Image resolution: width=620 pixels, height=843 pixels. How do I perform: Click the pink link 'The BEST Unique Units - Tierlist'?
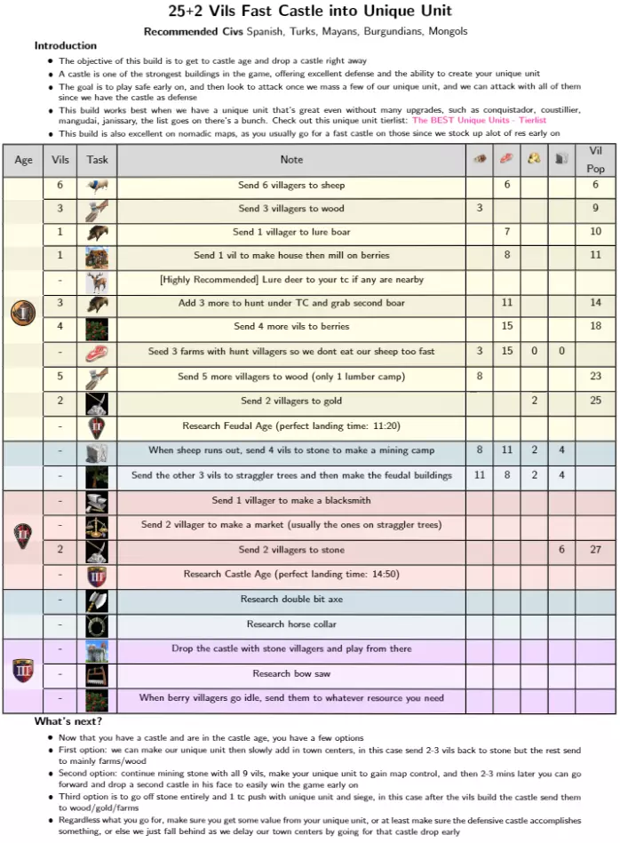coord(479,120)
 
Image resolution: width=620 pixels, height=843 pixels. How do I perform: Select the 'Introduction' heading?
coord(66,45)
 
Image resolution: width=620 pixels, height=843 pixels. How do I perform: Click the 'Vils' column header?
coord(60,160)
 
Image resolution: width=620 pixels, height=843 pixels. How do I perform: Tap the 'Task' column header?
coord(98,160)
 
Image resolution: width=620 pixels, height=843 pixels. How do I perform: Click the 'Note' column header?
coord(291,160)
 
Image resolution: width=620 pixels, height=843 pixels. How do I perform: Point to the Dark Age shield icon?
coord(23,314)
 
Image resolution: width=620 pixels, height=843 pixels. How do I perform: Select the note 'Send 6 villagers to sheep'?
coord(291,186)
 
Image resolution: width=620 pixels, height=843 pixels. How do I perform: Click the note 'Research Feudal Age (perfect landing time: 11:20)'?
coord(291,425)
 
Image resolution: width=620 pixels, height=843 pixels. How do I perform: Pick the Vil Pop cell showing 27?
coord(595,550)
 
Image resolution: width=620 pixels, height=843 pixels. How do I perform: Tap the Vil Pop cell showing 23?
coord(595,376)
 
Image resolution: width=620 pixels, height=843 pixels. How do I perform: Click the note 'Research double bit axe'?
coord(291,599)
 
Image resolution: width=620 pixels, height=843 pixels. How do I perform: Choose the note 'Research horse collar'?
coord(291,624)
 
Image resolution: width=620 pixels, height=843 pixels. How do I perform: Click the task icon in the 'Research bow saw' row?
coord(98,674)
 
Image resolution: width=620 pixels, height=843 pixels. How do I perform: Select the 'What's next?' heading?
coord(68,720)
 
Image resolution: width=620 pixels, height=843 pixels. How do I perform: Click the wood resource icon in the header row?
coord(480,159)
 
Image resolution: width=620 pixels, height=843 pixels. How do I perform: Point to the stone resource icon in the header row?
coord(561,159)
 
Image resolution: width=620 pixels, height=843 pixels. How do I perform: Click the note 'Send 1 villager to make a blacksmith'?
coord(291,500)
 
